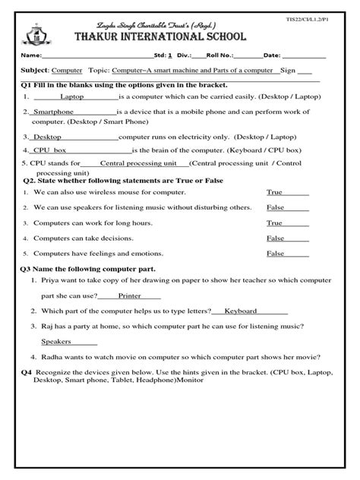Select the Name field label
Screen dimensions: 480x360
tap(30, 56)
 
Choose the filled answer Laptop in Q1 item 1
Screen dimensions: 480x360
tap(72, 97)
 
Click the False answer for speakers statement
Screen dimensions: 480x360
tap(275, 207)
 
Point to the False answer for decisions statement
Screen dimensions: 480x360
tap(275, 238)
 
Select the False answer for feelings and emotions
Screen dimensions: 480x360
tap(275, 253)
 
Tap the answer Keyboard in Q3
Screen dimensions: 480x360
tap(240, 311)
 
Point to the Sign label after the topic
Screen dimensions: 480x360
tap(287, 69)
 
